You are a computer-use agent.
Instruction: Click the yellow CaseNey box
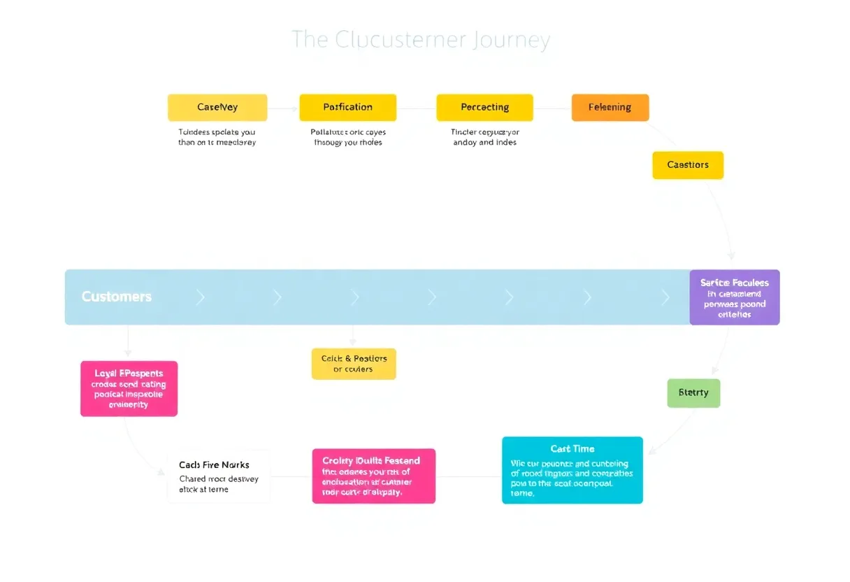217,108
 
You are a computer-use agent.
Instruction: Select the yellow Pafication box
347,108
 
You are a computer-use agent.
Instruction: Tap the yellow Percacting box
484,108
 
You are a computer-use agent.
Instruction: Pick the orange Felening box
610,108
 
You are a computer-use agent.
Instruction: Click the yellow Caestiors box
688,165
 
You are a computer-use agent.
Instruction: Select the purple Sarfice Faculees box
734,297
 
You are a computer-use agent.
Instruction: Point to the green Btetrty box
693,393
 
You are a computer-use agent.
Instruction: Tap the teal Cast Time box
572,470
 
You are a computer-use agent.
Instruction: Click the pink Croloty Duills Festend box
373,476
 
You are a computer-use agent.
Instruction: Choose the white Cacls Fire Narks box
219,476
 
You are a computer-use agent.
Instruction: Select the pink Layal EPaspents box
129,389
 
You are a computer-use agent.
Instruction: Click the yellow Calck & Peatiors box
354,364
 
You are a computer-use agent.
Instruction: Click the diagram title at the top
421,40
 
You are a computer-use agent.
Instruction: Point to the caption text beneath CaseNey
217,137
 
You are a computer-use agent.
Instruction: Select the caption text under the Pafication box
347,137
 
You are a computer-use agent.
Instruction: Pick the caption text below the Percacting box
484,137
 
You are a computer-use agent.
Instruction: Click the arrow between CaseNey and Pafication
284,108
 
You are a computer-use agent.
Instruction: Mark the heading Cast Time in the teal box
572,449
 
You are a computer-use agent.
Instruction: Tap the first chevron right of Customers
201,297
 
